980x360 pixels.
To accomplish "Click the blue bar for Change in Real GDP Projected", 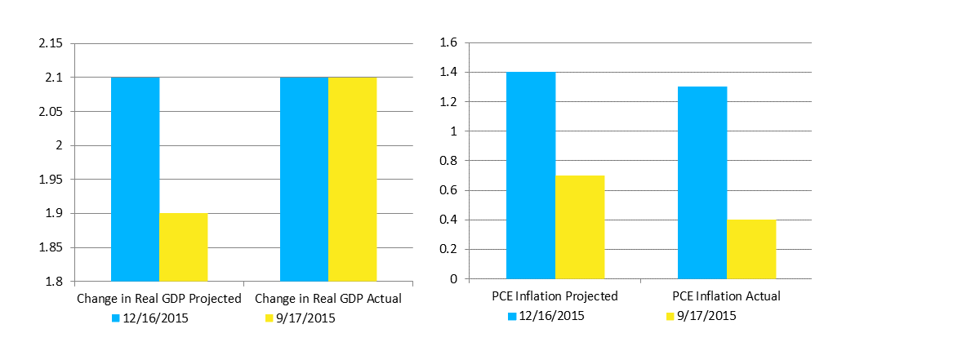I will pos(136,180).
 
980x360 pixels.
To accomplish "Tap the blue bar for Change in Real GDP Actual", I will pos(304,180).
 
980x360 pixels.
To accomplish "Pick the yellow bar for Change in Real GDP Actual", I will pos(352,180).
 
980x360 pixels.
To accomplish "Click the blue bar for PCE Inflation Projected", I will pos(531,176).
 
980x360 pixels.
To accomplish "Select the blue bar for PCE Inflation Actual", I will pos(702,183).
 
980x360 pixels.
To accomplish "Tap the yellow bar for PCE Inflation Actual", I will pos(751,249).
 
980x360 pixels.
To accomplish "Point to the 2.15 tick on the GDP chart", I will pos(51,43).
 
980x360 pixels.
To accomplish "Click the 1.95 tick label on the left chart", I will pos(51,180).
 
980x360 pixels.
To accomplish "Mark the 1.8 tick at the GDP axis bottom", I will pos(54,282).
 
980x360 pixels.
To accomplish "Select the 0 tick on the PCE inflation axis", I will pos(455,279).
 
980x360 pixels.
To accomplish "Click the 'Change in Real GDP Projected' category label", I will pos(159,299).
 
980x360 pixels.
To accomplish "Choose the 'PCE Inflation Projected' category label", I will pos(555,296).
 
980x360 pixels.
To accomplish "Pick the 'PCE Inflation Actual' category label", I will pos(727,296).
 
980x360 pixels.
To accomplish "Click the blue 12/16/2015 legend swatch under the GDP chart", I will pos(114,318).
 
